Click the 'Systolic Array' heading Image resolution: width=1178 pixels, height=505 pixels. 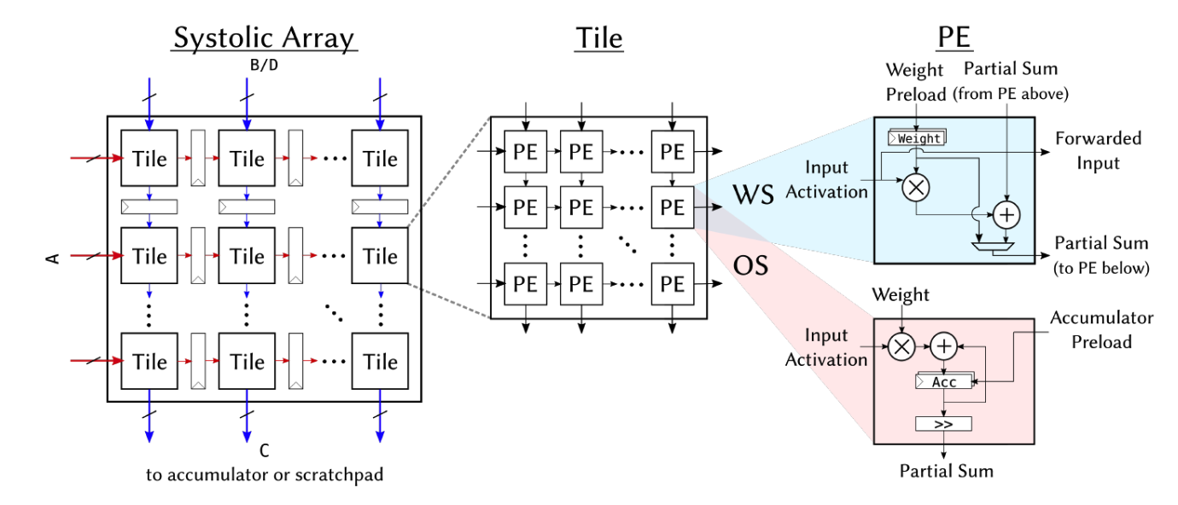pos(264,38)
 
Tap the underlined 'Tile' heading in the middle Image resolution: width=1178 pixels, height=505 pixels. pos(599,38)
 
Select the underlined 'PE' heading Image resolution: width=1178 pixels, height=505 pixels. pos(954,37)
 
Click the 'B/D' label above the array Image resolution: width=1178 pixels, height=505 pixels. pos(264,65)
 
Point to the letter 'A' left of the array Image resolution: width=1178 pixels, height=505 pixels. pos(53,258)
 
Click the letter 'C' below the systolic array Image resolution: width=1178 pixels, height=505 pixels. pos(264,450)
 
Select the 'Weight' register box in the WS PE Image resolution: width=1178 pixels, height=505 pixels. pos(917,137)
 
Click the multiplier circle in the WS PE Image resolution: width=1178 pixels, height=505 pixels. pos(916,188)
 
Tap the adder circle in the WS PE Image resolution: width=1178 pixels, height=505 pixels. pos(1006,215)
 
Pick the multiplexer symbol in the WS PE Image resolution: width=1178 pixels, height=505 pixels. pos(993,246)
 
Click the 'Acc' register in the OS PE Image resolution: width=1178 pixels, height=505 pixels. pos(944,381)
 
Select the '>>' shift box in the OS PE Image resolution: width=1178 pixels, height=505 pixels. pos(943,424)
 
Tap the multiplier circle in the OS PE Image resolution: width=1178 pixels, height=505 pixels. pos(901,347)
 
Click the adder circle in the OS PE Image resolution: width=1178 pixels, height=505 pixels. pos(944,346)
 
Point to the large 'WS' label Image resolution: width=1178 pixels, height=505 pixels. pos(753,194)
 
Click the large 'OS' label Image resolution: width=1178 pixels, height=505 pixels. pos(750,265)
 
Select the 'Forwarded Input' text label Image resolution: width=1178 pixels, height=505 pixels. pos(1098,151)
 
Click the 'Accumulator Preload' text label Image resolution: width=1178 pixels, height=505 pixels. pos(1102,330)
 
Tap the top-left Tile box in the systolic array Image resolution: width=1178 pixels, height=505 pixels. pos(149,158)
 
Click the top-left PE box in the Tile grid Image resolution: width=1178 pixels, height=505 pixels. pos(525,151)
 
